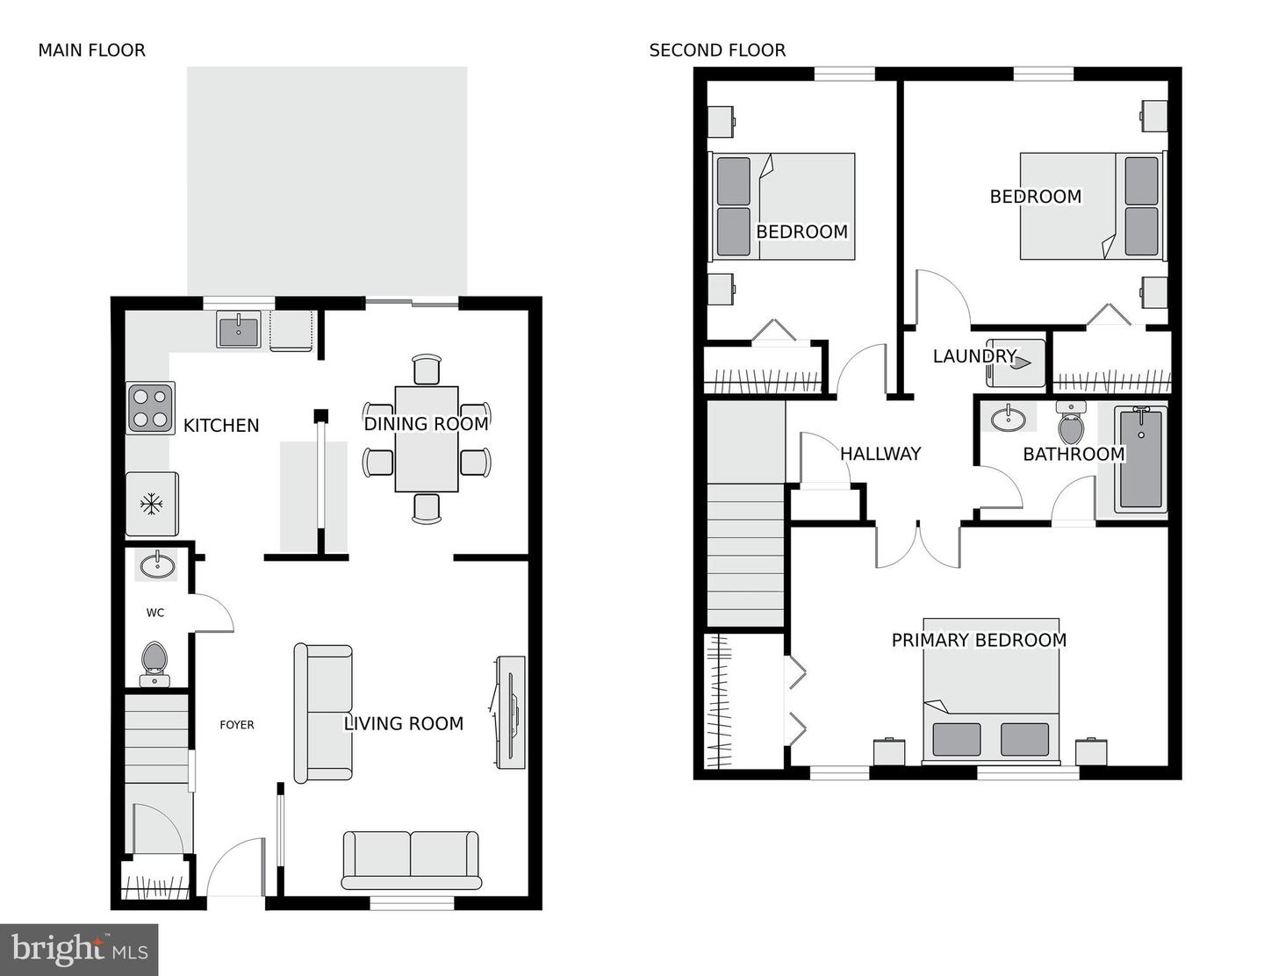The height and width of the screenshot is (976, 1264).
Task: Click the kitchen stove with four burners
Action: point(150,408)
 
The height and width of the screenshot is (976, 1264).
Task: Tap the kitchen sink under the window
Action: point(239,332)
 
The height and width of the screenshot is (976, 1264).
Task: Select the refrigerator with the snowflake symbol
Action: point(152,504)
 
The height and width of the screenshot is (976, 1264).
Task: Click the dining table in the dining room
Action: point(427,439)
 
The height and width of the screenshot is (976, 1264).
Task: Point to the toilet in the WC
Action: point(154,663)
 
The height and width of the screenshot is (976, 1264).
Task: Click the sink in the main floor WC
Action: point(157,564)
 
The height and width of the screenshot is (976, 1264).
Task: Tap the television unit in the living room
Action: point(510,712)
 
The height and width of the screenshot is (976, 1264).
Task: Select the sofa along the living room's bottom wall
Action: point(411,859)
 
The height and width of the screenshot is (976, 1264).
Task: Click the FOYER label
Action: point(237,725)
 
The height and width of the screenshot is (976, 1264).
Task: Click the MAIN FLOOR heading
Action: point(91,51)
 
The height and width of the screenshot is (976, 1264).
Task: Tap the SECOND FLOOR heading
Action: point(717,51)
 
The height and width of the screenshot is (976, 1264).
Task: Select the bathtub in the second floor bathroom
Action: point(1140,459)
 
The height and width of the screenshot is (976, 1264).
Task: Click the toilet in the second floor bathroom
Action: point(1071,424)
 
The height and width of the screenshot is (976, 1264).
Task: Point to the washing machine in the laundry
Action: point(1016,362)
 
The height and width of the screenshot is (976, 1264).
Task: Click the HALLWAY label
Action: point(880,454)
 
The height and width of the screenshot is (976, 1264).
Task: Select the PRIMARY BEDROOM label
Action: point(979,641)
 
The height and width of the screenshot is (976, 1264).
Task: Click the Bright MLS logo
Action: point(79,950)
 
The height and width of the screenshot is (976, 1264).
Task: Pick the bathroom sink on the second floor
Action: point(1008,419)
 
